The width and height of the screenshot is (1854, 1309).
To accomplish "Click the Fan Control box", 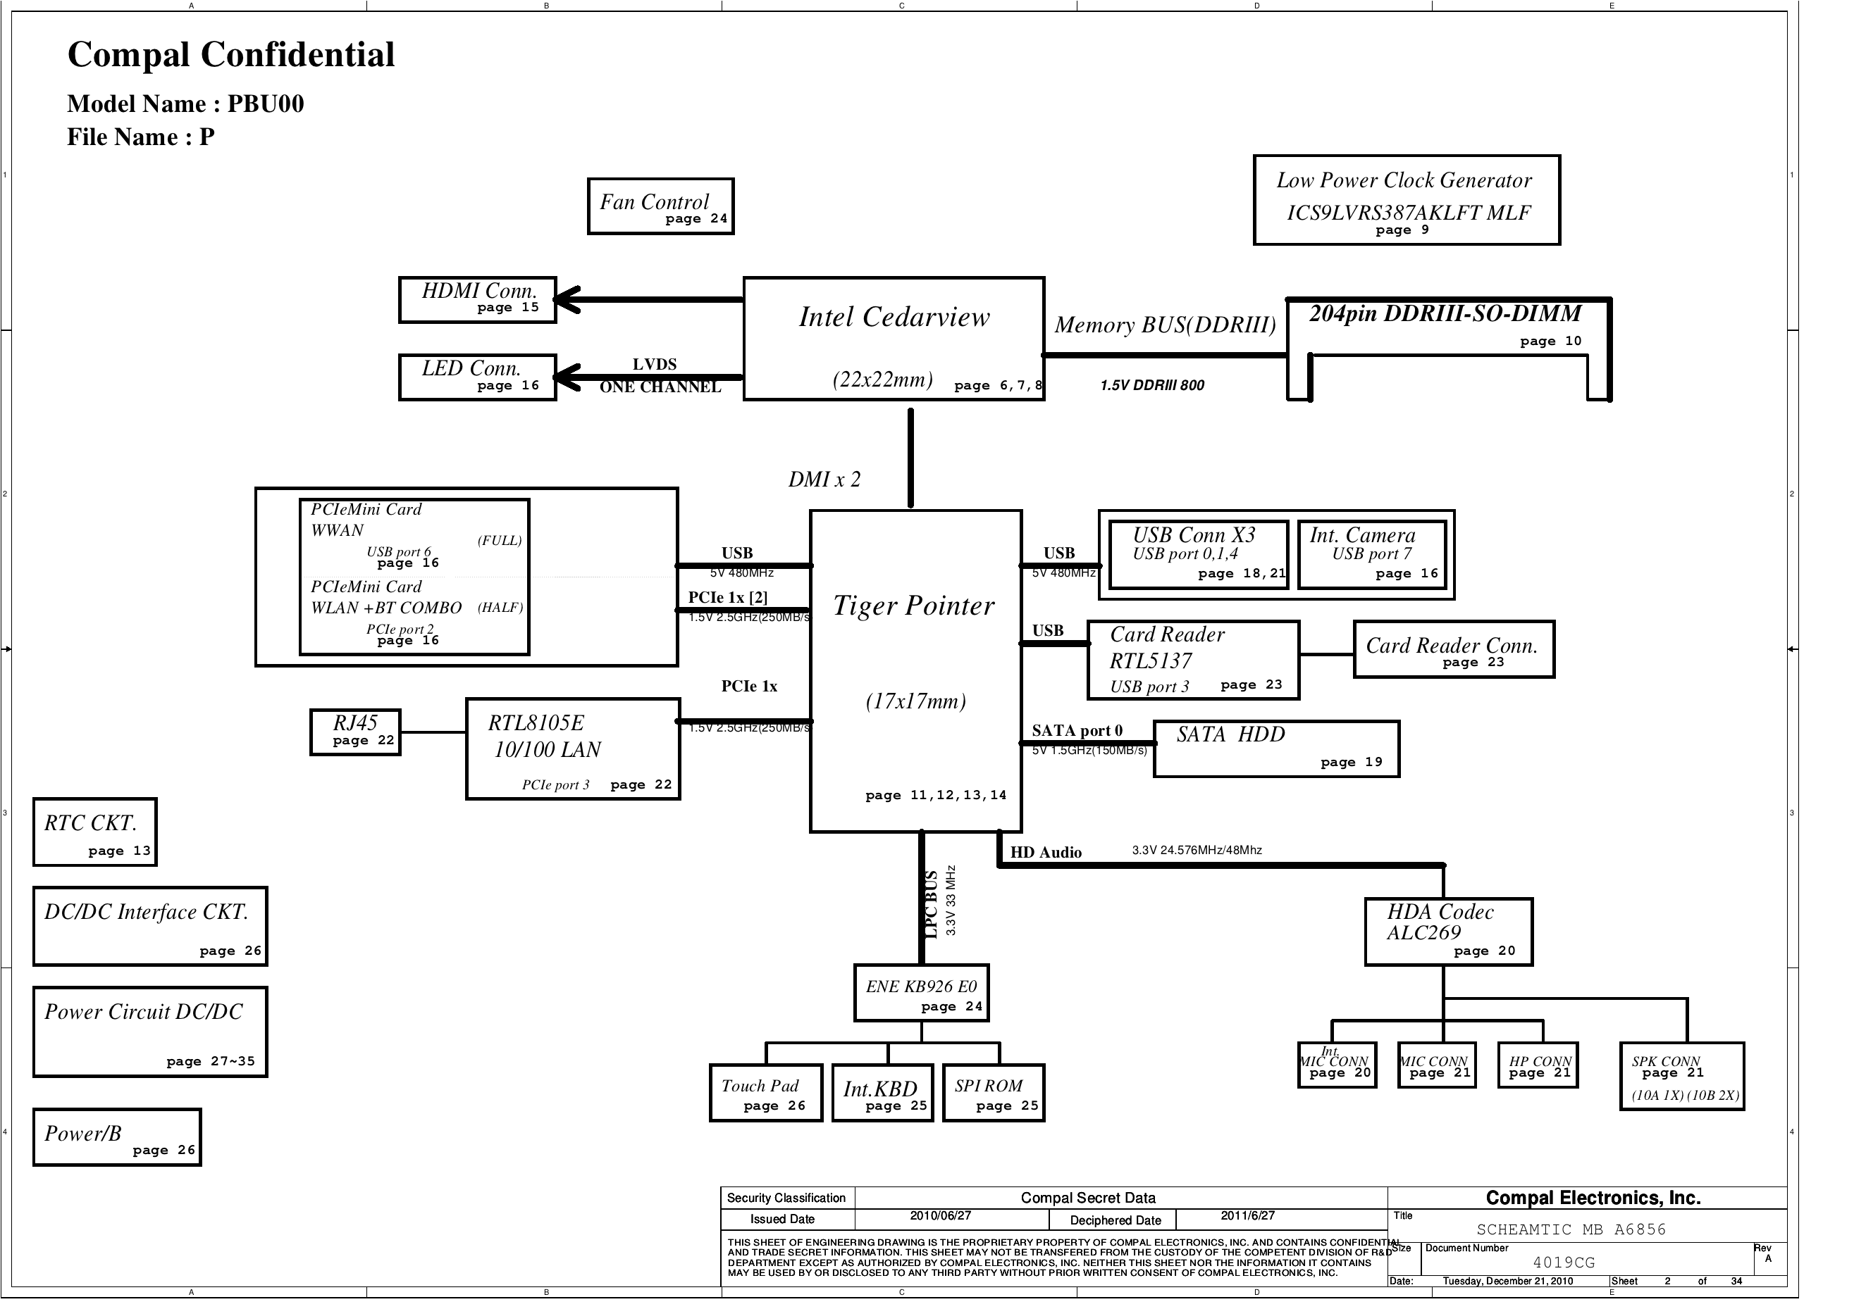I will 660,206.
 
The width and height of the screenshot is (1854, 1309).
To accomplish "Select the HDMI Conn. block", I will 477,299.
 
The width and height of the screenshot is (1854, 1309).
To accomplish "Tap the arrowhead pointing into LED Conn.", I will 566,377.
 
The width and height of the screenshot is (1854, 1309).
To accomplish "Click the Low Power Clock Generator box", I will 1406,199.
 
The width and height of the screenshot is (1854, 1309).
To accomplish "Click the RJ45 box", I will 355,732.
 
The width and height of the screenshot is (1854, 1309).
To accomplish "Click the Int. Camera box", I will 1372,553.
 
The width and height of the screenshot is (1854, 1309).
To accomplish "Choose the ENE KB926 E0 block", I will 921,993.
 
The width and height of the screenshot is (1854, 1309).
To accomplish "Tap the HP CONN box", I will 1538,1065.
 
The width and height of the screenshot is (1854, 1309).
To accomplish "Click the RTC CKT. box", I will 94,832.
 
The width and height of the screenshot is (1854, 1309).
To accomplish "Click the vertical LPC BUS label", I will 930,905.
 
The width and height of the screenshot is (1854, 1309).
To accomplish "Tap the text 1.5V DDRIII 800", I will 1151,386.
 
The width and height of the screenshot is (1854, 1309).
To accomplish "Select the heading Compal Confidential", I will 231,55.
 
